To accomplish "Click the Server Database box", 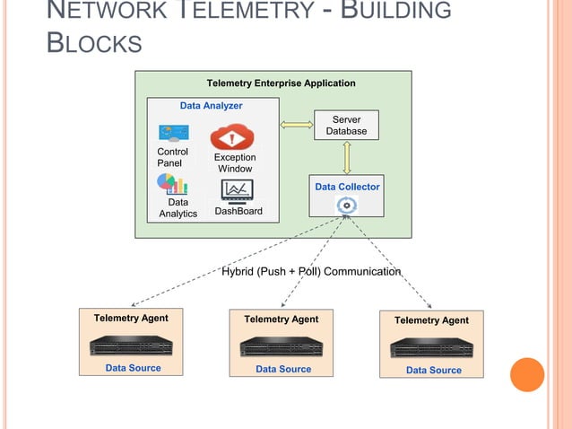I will click(346, 125).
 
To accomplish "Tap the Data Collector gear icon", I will click(346, 206).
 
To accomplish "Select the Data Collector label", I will click(347, 187).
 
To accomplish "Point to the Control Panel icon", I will click(173, 133).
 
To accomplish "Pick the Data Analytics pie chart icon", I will click(172, 184).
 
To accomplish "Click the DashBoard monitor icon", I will click(238, 190).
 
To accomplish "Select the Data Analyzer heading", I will click(211, 105).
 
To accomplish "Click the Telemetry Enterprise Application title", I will click(281, 83).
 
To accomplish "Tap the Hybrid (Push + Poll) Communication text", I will click(311, 271).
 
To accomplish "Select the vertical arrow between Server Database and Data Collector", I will click(346, 157).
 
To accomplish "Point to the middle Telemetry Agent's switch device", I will click(282, 346).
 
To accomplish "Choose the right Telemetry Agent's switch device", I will click(431, 347).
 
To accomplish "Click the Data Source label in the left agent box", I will click(134, 368).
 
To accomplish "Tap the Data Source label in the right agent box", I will click(434, 370).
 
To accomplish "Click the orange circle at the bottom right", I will click(527, 374).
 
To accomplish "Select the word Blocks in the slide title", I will click(94, 43).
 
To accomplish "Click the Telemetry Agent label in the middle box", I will click(281, 319).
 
